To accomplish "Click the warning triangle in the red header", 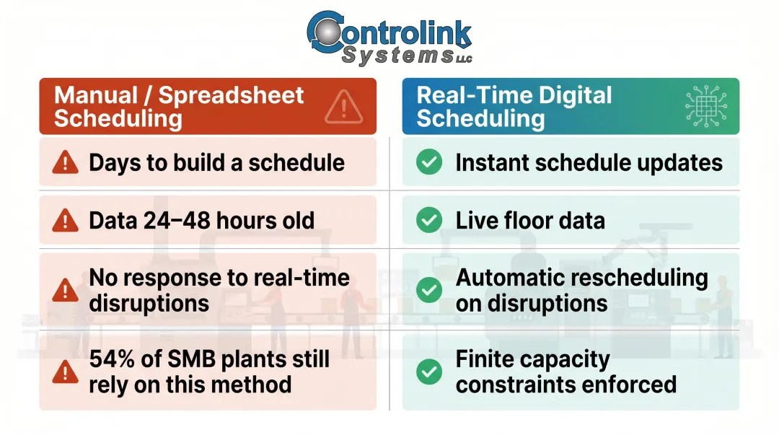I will click(x=343, y=107).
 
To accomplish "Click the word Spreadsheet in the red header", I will click(x=231, y=95).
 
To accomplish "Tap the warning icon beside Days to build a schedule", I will click(x=66, y=163).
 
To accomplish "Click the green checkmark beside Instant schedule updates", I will click(x=429, y=163).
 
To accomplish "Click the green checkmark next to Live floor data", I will click(x=429, y=220).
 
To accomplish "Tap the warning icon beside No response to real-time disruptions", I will click(x=66, y=291).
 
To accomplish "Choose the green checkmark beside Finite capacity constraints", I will click(x=429, y=372).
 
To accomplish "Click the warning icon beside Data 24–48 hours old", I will click(x=66, y=220).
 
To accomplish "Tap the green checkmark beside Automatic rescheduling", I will click(x=429, y=291).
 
